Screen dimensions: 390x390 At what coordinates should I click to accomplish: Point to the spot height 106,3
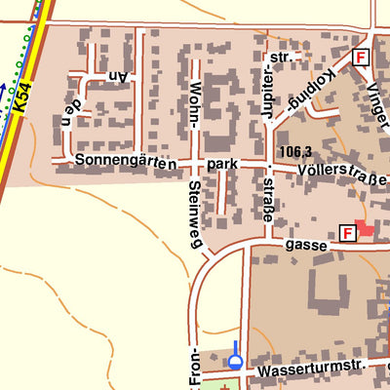293,151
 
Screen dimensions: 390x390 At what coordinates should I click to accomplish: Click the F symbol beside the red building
347,232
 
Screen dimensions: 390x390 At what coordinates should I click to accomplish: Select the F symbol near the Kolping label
361,58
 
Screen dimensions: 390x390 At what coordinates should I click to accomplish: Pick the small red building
365,228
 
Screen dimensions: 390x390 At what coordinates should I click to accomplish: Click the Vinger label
376,97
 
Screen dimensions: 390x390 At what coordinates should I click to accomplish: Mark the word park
223,166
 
